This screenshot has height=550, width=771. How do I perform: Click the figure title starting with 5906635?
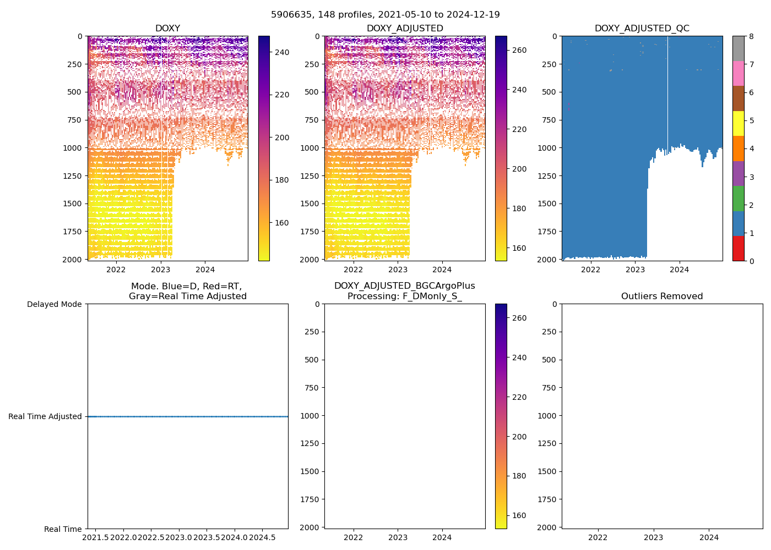[x=385, y=15]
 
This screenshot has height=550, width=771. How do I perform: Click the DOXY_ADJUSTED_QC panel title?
[x=642, y=29]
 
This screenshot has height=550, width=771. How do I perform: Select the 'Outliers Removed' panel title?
[x=662, y=296]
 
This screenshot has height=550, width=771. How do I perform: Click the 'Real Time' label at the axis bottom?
[x=63, y=529]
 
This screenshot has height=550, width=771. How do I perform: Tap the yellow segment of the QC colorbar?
[x=739, y=123]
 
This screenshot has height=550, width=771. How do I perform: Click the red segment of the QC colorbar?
[x=739, y=249]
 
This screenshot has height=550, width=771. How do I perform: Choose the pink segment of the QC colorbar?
[x=739, y=73]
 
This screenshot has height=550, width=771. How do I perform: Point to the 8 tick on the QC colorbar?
[x=751, y=36]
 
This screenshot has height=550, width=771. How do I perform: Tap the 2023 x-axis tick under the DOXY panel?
[x=160, y=269]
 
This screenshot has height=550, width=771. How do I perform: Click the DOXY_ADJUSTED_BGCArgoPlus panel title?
[x=405, y=291]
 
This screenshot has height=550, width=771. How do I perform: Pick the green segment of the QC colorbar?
[x=739, y=199]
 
